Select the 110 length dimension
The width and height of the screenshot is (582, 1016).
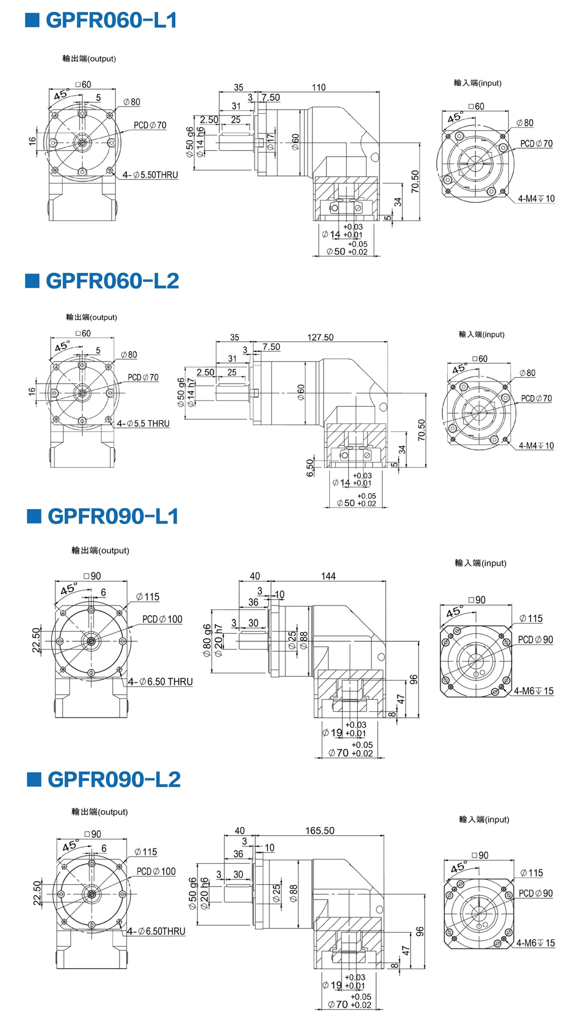coord(319,87)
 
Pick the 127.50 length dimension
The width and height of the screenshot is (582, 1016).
coord(320,337)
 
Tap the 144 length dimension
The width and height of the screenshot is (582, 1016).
coord(328,576)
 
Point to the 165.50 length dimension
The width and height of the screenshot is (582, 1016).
coord(320,830)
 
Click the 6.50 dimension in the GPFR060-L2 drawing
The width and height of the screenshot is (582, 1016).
coord(310,467)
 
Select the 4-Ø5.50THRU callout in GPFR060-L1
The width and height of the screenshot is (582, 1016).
coord(150,175)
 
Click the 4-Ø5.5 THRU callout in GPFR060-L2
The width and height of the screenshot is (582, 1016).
coord(143,424)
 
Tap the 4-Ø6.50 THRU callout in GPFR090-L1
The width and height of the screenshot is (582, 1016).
coord(160,682)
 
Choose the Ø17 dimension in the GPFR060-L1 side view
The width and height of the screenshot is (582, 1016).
coord(271,142)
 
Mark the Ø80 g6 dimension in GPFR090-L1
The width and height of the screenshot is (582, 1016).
coord(207,640)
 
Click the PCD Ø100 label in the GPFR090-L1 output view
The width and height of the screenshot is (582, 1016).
coord(162,619)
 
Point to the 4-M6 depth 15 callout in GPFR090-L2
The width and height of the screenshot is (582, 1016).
coord(536,943)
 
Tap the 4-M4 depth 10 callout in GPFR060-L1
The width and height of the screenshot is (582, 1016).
coord(537,199)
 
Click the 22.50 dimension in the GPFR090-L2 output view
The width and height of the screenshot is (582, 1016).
coord(37,893)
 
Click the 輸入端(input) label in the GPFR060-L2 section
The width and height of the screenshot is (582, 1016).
coord(481,334)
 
